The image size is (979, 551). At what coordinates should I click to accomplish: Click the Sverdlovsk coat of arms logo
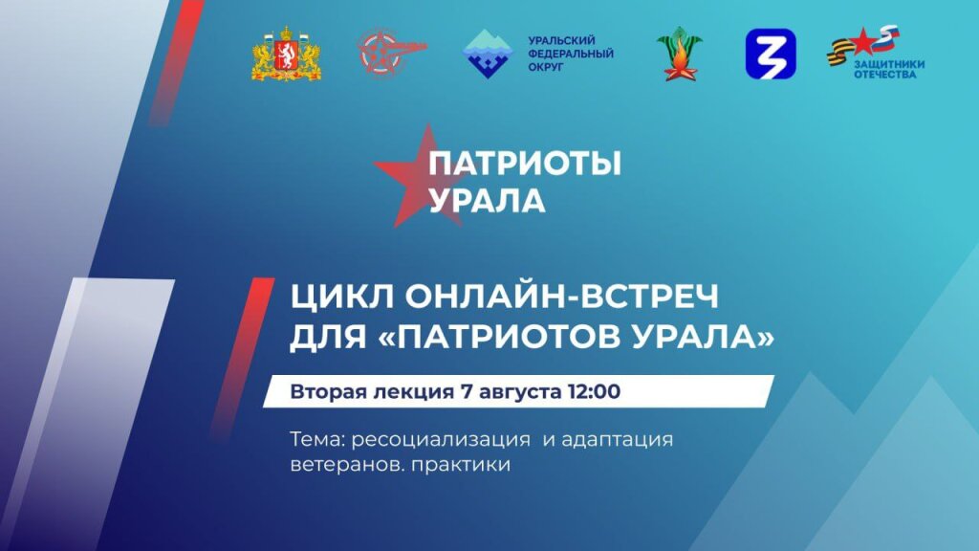coord(286,54)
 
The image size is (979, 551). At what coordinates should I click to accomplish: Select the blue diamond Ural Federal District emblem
coord(488,54)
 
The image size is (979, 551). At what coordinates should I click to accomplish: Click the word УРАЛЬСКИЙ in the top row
coord(562,40)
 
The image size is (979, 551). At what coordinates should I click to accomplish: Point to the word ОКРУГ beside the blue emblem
coord(548,68)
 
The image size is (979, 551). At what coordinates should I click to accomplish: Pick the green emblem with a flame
coord(679,54)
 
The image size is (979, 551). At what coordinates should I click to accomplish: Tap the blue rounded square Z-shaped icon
coord(770,54)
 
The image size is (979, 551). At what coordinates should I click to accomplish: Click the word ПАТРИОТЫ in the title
coord(524,165)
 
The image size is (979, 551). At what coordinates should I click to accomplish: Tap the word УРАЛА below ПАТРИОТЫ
coord(487,201)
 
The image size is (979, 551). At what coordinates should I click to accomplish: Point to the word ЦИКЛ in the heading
coord(334,298)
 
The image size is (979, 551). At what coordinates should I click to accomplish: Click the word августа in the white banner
coord(517,391)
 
